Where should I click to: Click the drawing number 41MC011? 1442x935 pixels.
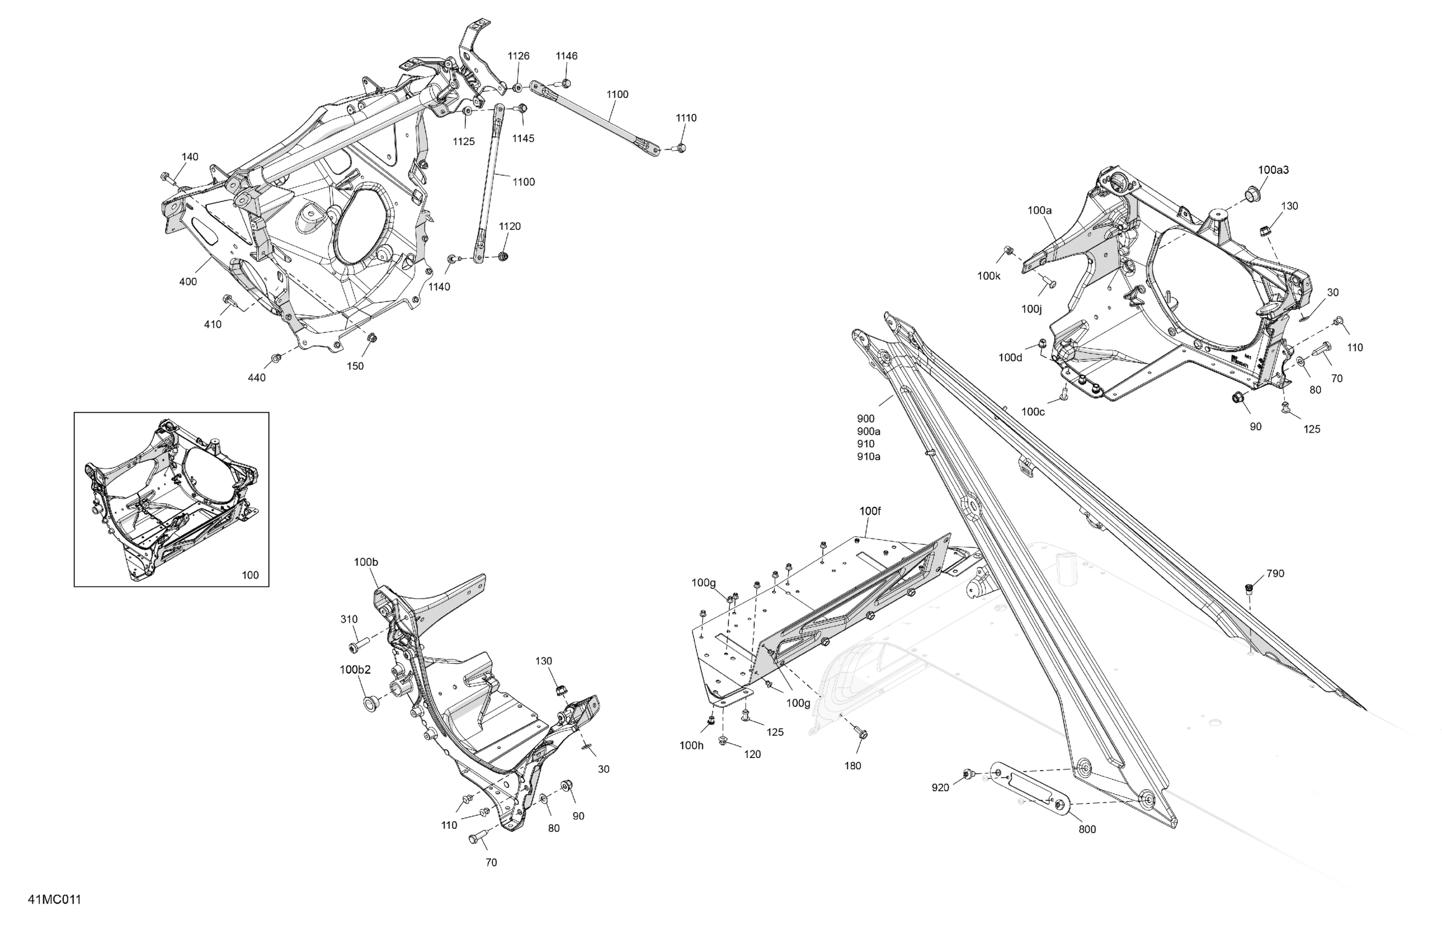pos(54,899)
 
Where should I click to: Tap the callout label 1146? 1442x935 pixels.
pos(566,56)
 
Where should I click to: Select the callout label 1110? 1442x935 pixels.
pos(686,118)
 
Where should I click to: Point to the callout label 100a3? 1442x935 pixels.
pos(1273,170)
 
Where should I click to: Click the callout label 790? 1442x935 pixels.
pos(1275,573)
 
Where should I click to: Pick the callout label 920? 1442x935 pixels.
pos(940,788)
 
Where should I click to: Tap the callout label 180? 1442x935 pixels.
pos(852,766)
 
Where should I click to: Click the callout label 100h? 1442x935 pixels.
pos(691,746)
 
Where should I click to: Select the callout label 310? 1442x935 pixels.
pos(349,619)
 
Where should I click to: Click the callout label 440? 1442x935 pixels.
pos(257,378)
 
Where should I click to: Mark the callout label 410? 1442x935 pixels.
pos(213,325)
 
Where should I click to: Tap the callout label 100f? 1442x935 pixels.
pos(870,512)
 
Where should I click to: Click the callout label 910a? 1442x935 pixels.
pos(869,457)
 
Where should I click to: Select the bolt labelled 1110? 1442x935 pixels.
pos(680,147)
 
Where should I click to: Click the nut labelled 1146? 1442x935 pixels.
pos(565,83)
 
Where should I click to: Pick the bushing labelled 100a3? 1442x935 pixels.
pos(1251,195)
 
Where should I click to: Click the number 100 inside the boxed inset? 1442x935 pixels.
pos(250,575)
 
